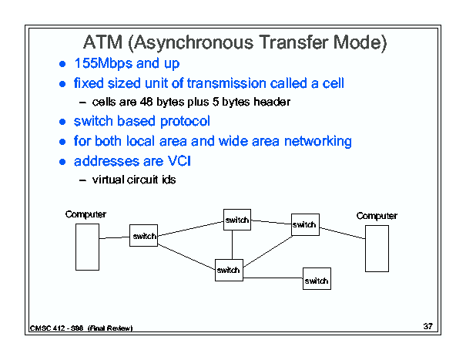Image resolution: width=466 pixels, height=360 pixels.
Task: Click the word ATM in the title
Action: pos(103,42)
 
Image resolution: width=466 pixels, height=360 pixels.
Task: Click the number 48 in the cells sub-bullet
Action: pos(146,102)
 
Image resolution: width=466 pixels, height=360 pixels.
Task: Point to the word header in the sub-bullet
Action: pos(272,102)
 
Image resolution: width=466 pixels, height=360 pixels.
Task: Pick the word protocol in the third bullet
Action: pos(185,122)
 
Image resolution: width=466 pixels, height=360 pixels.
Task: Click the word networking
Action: pos(318,141)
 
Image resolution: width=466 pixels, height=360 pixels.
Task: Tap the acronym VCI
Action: pos(179,161)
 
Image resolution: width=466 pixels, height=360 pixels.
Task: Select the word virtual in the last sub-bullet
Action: pos(108,180)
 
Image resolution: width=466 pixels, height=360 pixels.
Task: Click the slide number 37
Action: pos(428,326)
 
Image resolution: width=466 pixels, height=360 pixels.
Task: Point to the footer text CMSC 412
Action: pos(47,328)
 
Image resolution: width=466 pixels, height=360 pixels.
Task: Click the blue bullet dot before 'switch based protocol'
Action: pos(62,122)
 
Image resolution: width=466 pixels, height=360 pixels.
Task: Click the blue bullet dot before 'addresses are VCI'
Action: pos(62,162)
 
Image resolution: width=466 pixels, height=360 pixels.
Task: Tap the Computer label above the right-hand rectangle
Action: pos(377,216)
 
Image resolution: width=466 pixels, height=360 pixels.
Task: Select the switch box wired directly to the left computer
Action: pos(143,235)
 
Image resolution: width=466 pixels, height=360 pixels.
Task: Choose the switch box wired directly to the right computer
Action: pos(305,224)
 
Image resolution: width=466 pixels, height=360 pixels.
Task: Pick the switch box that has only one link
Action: pos(317,278)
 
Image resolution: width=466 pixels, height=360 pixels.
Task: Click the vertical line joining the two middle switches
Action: pos(232,244)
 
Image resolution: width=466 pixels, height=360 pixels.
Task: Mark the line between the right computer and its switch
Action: pos(342,234)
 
